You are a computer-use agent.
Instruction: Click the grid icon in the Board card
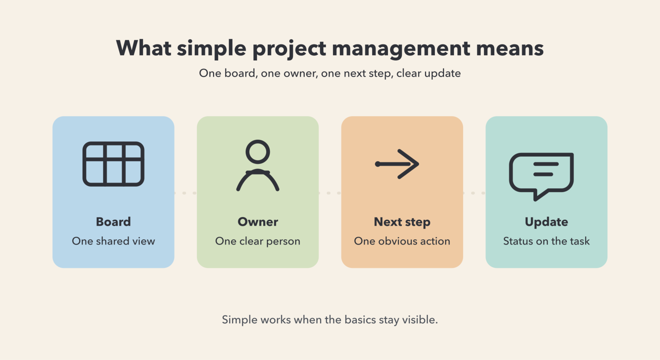coord(113,164)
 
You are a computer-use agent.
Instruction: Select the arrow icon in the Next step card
coord(397,164)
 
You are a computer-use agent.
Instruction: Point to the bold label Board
coord(113,222)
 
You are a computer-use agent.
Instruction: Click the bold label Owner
coord(258,222)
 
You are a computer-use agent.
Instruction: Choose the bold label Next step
coord(402,222)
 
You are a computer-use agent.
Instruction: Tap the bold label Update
coord(546,222)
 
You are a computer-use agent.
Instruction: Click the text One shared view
coord(113,241)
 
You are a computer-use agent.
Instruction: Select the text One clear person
coord(258,241)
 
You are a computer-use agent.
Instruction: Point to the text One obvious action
coord(402,241)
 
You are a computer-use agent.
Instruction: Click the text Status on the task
coord(546,241)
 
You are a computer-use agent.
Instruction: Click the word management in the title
coord(401,49)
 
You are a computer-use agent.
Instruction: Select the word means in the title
coord(510,49)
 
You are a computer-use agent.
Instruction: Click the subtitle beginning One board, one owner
coord(330,73)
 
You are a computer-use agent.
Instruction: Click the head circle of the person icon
coord(258,152)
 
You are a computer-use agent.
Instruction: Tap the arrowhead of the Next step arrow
coord(411,164)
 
